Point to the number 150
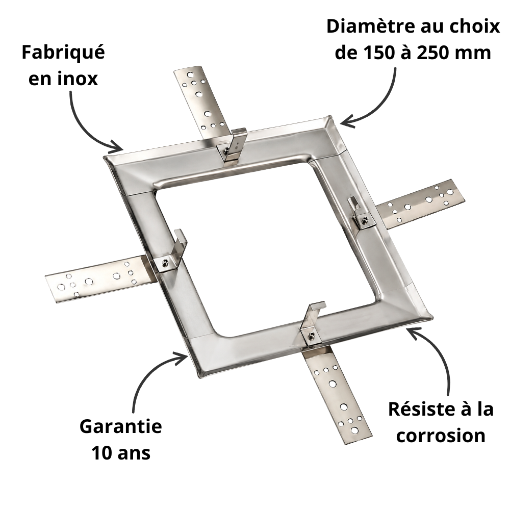378,53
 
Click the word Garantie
121,426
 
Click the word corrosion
441,436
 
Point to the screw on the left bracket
166,263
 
